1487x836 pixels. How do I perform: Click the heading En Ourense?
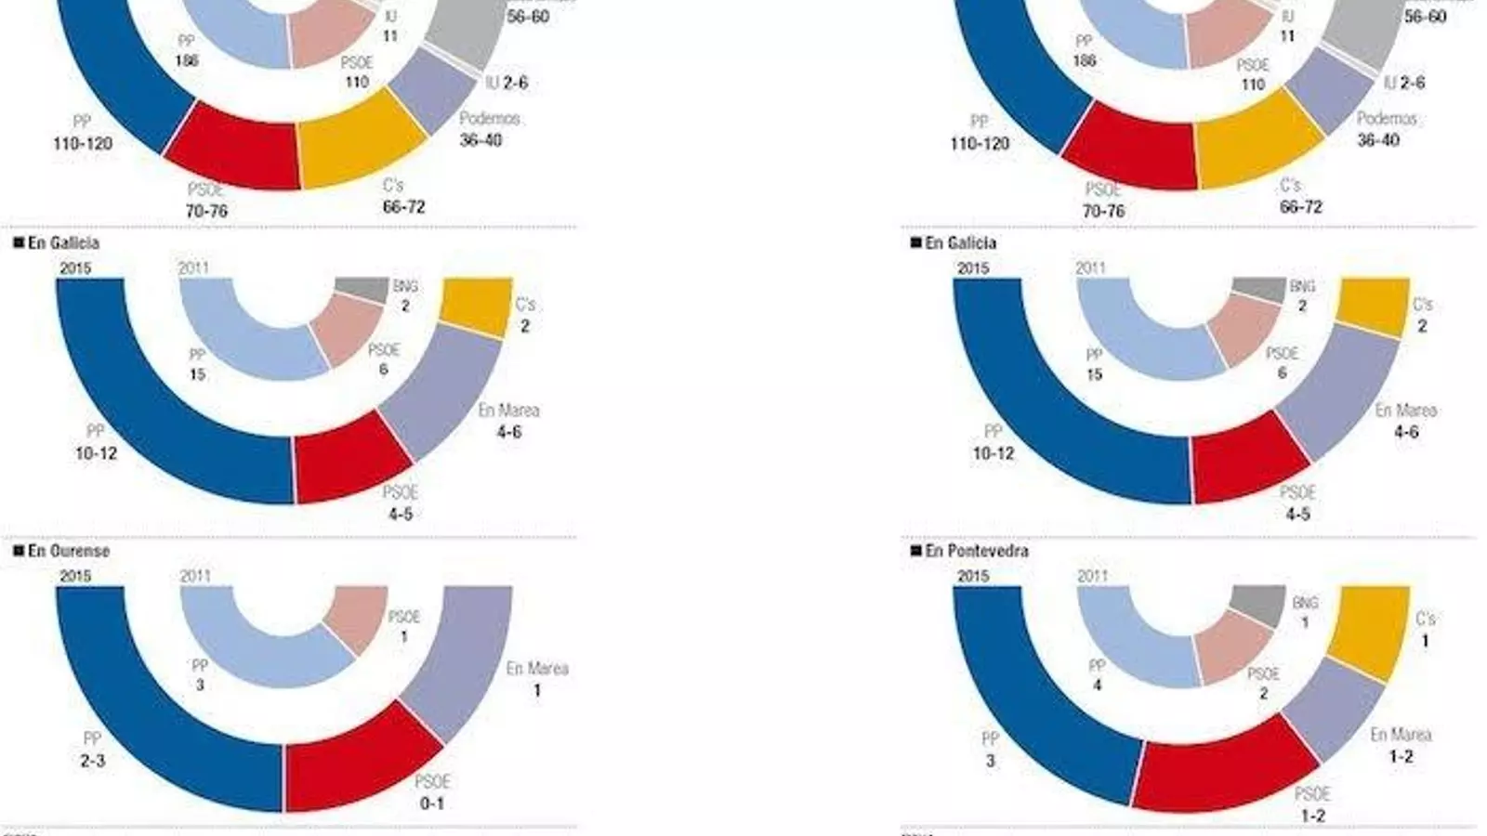tap(69, 551)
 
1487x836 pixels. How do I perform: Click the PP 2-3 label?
tap(92, 751)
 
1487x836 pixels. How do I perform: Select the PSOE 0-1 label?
tap(432, 792)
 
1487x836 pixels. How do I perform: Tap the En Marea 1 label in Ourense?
tap(536, 679)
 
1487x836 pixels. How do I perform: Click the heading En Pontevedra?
tap(977, 551)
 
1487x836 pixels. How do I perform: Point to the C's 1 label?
tap(1425, 630)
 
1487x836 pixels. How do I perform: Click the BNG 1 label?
tap(1305, 612)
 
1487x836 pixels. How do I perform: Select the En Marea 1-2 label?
tap(1401, 745)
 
